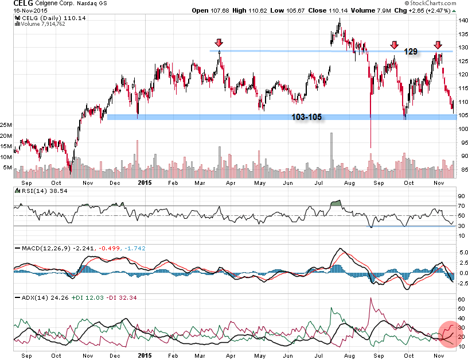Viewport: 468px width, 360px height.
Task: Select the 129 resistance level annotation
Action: [410, 52]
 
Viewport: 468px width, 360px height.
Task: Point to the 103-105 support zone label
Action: [306, 117]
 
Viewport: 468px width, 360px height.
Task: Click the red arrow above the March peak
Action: [219, 43]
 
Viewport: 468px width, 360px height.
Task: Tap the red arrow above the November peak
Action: [438, 45]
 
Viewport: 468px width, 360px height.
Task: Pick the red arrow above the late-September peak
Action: [394, 45]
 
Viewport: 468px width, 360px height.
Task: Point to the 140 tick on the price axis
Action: [462, 20]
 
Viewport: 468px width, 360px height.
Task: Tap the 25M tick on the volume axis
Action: [6, 125]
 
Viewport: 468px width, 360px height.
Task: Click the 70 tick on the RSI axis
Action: [461, 206]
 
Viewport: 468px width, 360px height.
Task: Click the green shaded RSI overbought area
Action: [337, 203]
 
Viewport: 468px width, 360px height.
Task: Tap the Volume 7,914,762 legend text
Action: [41, 24]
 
